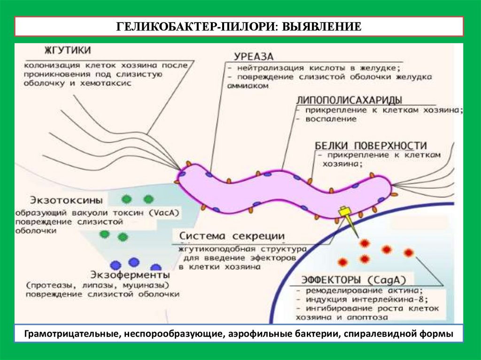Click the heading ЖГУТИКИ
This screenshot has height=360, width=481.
pos(68,50)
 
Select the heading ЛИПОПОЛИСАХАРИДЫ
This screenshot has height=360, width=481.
pos(349,100)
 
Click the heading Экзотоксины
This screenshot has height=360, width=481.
pos(57,200)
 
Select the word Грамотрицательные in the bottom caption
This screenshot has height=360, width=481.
pos(68,334)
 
